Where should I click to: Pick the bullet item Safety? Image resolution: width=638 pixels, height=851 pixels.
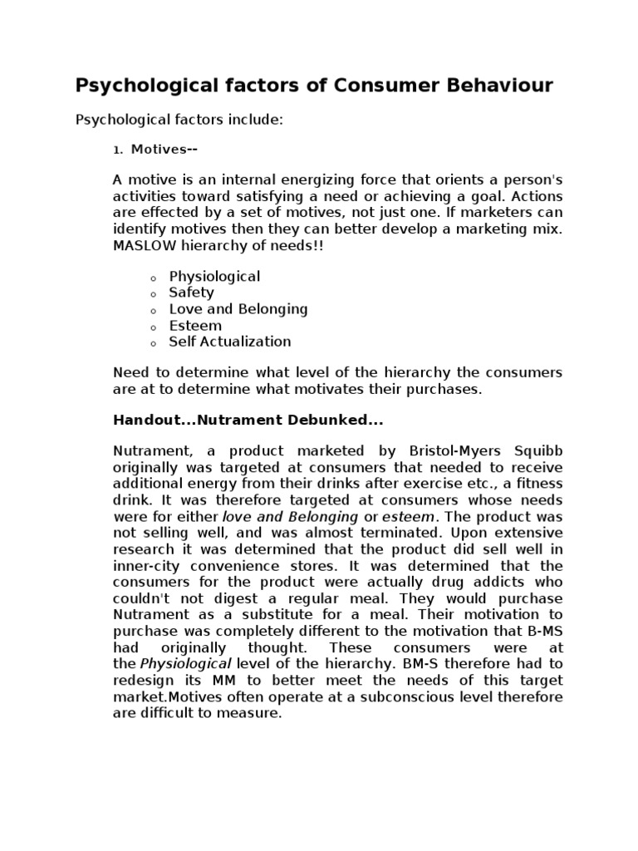191,293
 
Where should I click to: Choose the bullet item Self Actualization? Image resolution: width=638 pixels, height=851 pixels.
230,342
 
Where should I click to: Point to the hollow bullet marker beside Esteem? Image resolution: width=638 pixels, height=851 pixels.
154,327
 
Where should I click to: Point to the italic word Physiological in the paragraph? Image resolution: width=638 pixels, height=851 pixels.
186,663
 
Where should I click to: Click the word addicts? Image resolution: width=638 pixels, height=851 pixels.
495,582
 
